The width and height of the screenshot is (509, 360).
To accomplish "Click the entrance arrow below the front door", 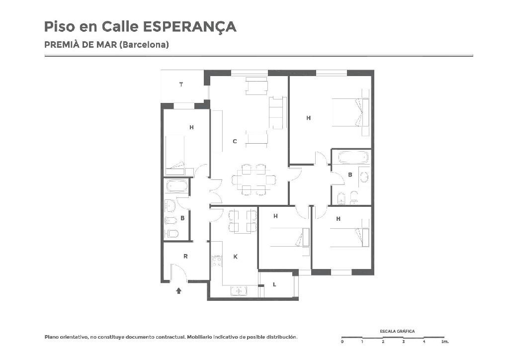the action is [x=178, y=290].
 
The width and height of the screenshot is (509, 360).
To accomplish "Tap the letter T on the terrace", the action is [x=181, y=85].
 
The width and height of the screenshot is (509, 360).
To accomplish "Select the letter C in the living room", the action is [x=235, y=141].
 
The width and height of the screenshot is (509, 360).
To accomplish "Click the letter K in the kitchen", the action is [x=236, y=257].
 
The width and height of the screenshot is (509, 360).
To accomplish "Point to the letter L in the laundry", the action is [x=274, y=285].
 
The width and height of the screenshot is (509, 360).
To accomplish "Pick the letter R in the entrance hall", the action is [x=185, y=256].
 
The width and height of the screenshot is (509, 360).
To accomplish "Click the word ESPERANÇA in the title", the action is [x=189, y=27].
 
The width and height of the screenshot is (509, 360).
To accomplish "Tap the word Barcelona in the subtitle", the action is [x=144, y=44].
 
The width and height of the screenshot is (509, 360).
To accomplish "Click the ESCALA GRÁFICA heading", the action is [x=397, y=331].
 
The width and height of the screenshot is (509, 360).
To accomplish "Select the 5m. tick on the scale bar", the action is [x=445, y=342].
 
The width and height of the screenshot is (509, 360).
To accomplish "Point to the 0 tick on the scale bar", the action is [x=342, y=342].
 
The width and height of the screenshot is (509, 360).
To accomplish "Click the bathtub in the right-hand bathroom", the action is [x=353, y=158].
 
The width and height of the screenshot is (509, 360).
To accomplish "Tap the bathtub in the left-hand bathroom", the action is [x=177, y=186].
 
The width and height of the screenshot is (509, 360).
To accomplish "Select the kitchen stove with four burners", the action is [x=217, y=262].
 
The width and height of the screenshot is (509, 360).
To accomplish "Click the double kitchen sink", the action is [x=239, y=291].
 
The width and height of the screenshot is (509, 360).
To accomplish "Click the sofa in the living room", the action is [x=277, y=113].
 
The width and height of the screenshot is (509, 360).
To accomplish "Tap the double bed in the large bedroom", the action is [x=350, y=113].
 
